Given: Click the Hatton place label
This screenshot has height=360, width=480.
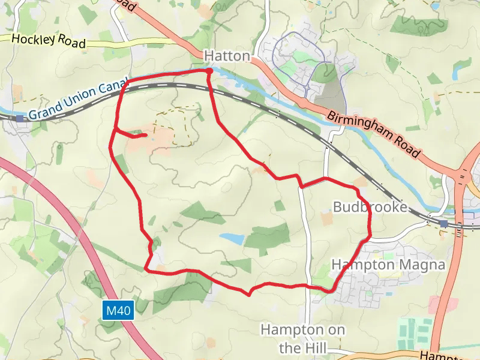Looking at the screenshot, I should pyautogui.click(x=227, y=56).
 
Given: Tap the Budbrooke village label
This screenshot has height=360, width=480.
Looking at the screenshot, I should pyautogui.click(x=370, y=208).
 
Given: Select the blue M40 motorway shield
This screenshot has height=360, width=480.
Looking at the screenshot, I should pyautogui.click(x=118, y=311).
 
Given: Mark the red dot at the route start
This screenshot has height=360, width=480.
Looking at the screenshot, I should pyautogui.click(x=209, y=71).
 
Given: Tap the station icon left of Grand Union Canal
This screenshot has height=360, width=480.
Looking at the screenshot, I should pyautogui.click(x=20, y=118).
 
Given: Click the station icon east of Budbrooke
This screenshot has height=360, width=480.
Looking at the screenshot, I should pyautogui.click(x=443, y=224).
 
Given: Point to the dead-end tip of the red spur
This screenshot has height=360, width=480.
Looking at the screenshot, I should pyautogui.click(x=145, y=135).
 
